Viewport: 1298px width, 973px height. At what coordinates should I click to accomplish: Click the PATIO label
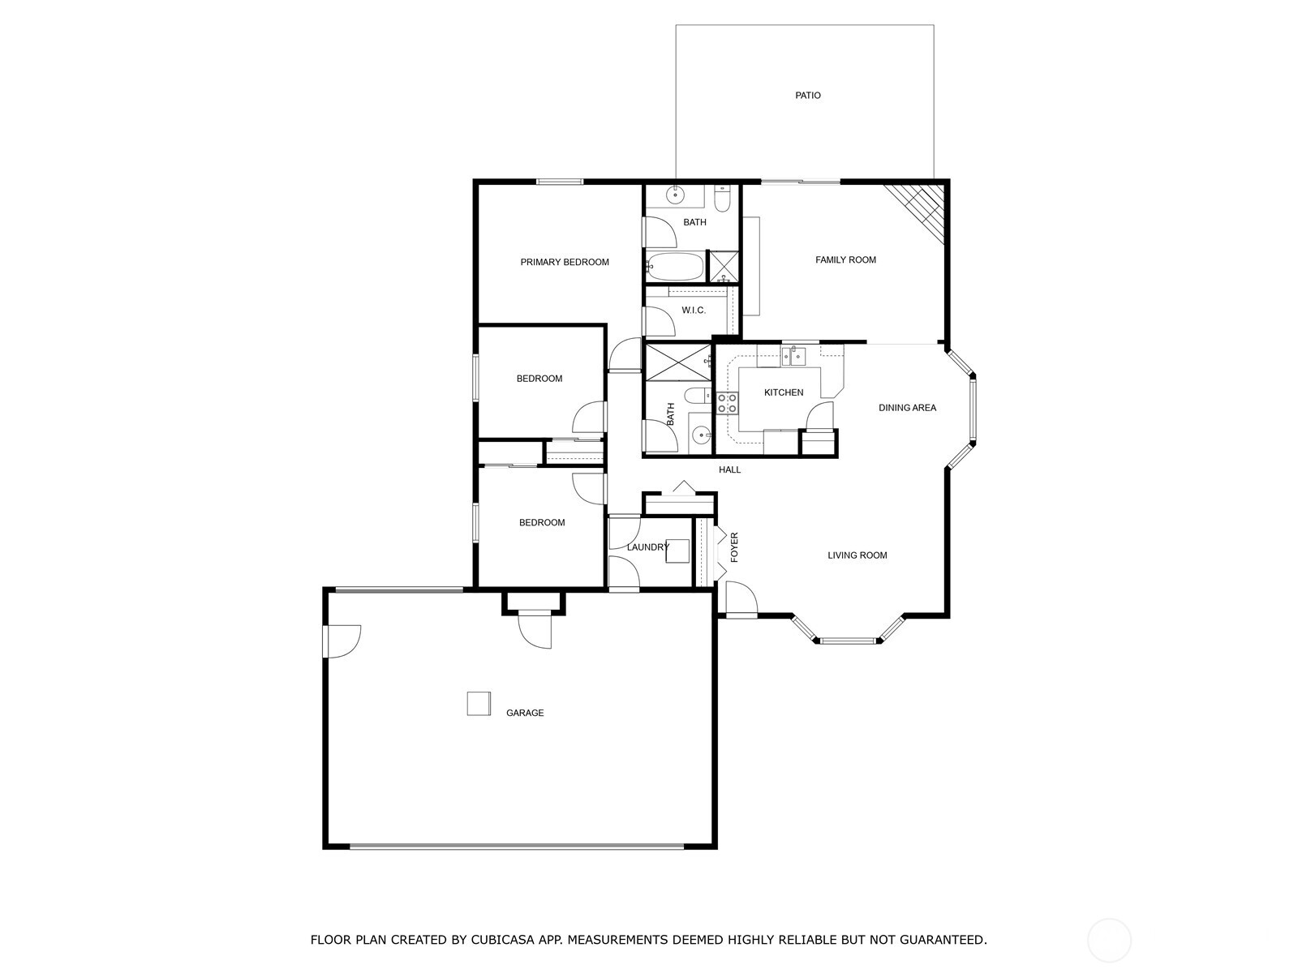click(807, 95)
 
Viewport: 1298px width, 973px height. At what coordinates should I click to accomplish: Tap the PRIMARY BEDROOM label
click(564, 262)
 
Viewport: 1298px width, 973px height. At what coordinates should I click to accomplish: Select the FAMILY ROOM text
click(845, 260)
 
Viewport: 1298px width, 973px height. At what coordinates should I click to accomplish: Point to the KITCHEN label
click(783, 392)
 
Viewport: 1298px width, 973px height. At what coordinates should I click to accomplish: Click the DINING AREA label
click(906, 408)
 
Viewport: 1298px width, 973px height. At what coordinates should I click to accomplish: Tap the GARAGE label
click(525, 713)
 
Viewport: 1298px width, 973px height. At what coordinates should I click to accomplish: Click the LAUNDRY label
click(647, 547)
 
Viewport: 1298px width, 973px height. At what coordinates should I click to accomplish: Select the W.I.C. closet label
click(693, 311)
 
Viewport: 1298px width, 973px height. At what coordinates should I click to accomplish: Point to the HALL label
click(729, 469)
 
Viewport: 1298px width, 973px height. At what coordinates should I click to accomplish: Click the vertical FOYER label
click(734, 547)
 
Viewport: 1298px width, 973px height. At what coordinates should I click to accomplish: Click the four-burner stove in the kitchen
click(727, 403)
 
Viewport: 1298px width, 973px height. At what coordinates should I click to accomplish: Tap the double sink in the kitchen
click(793, 356)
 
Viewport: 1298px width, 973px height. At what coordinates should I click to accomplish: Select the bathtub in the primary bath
click(674, 267)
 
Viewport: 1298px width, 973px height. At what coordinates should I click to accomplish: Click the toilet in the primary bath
click(723, 199)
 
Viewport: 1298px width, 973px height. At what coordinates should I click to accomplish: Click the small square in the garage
click(479, 704)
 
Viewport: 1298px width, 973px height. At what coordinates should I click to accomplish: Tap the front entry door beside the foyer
click(741, 599)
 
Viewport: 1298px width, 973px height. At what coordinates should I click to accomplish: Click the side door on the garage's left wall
click(342, 641)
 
